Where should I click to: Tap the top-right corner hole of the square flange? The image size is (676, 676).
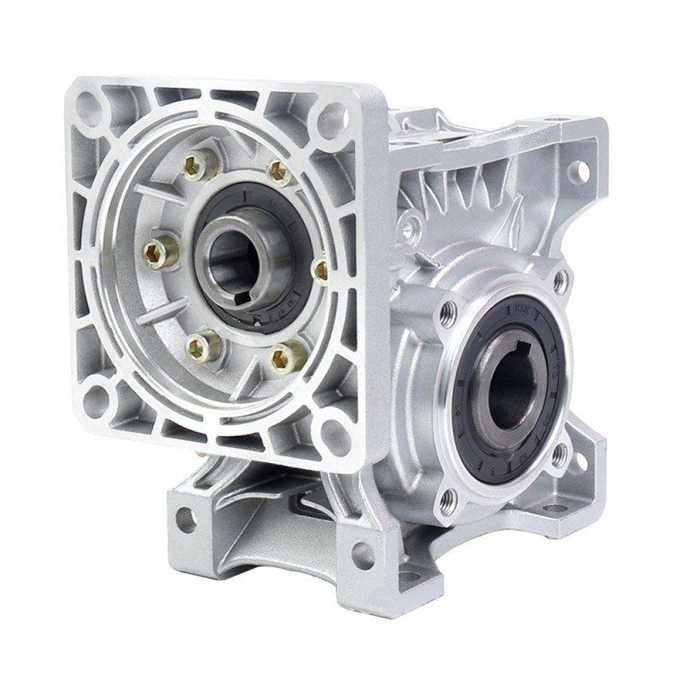tap(332, 118)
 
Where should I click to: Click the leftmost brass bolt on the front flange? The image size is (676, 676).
tap(157, 251)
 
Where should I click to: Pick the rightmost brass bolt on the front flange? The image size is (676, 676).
tap(320, 270)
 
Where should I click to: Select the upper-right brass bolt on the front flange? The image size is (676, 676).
tap(281, 172)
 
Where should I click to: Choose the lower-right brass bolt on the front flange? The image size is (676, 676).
tap(287, 357)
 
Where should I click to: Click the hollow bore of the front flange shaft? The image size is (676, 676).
tap(232, 258)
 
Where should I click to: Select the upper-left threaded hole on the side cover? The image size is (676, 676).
tap(448, 313)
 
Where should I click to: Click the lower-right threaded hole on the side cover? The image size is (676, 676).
tap(559, 456)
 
